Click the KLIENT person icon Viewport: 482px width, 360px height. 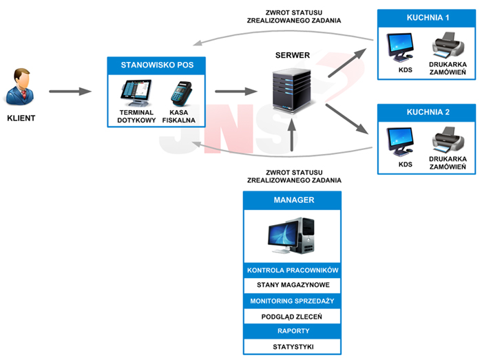click(21, 86)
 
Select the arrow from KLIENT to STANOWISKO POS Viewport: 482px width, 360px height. click(70, 91)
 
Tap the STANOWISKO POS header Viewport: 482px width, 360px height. click(157, 65)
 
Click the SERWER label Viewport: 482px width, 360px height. click(293, 55)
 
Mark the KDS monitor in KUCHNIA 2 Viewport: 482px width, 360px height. click(400, 141)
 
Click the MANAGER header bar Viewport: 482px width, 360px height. click(293, 200)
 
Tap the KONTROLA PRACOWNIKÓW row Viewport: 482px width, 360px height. click(293, 270)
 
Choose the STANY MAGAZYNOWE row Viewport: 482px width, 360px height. click(293, 285)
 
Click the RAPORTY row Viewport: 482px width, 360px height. click(293, 331)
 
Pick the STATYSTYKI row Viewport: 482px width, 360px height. click(293, 346)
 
